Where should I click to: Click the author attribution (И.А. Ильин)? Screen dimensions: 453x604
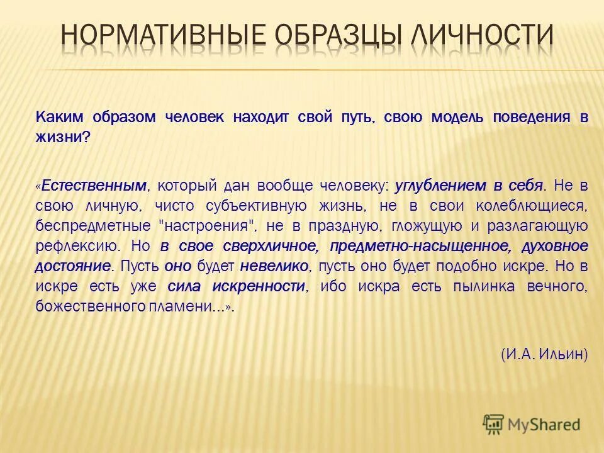[544, 355]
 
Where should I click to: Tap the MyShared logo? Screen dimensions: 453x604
[532, 423]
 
